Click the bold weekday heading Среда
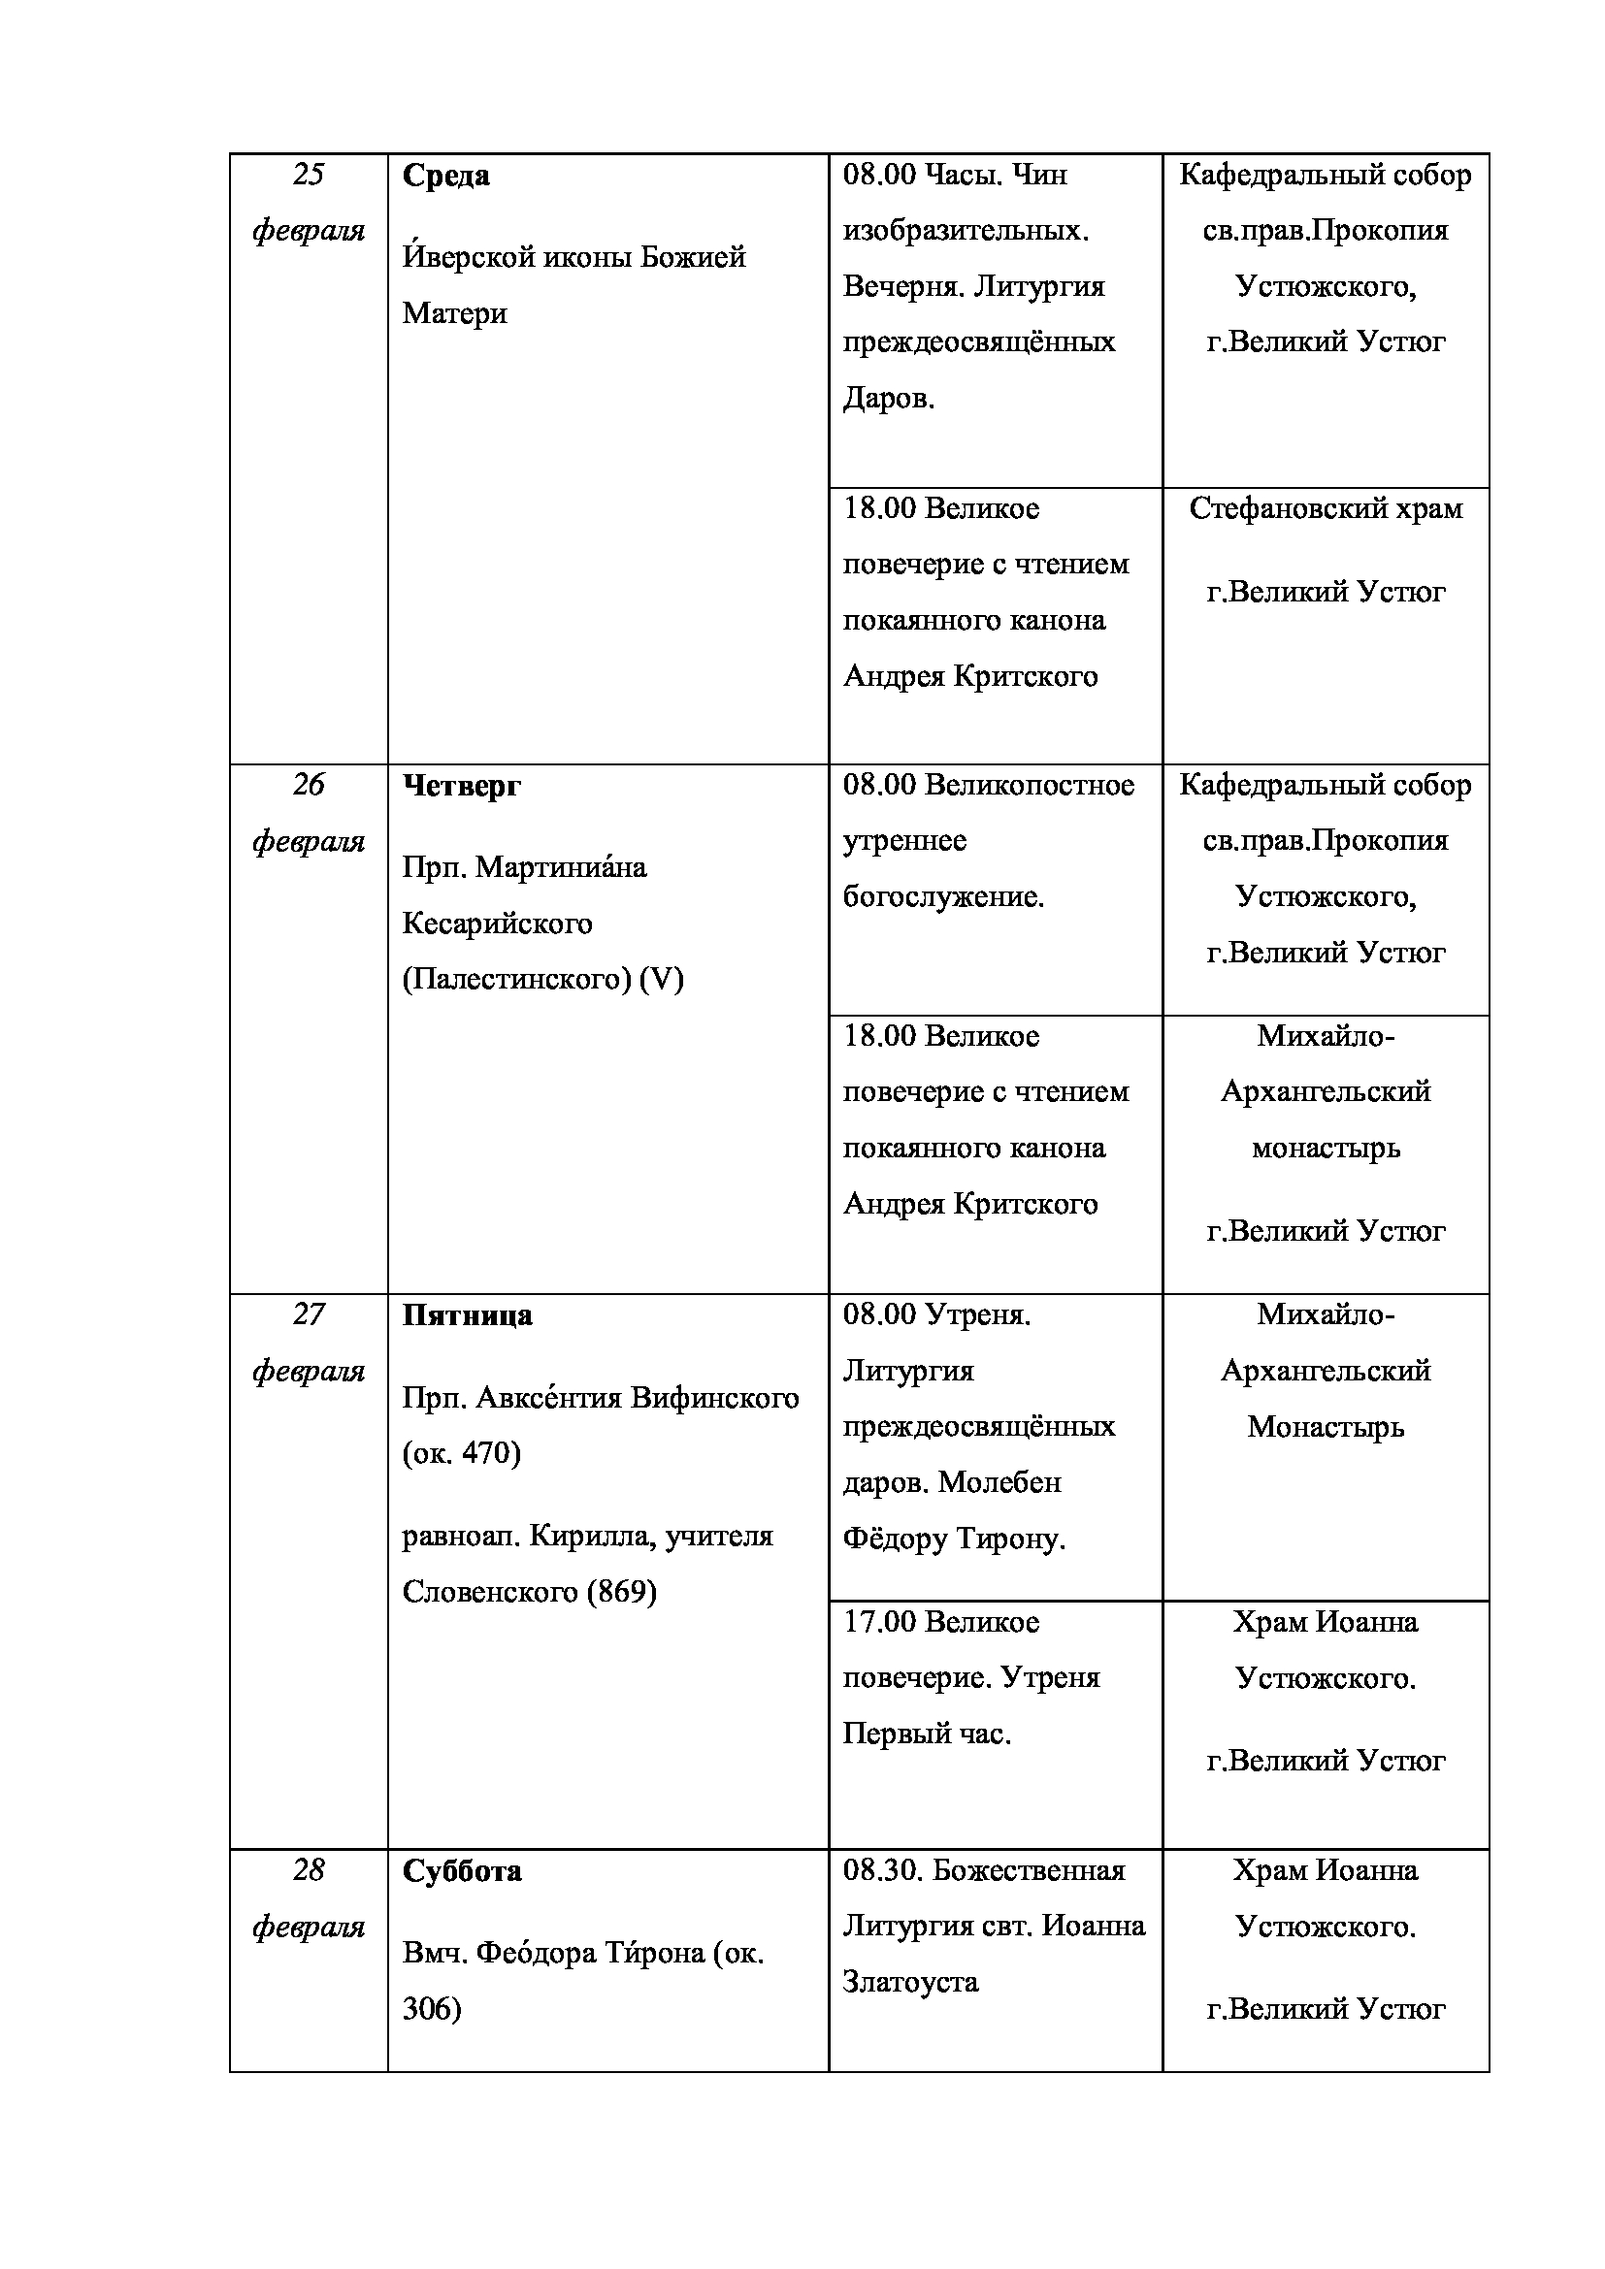(445, 177)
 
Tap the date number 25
(309, 175)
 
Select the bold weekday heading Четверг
(462, 787)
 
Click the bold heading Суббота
(462, 1870)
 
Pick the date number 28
(309, 1869)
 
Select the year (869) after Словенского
(622, 1592)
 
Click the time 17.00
(879, 1622)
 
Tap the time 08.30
(881, 1870)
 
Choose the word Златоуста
(910, 1983)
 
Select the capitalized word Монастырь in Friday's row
(1326, 1427)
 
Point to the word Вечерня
(903, 287)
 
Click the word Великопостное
(1030, 786)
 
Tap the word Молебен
(999, 1482)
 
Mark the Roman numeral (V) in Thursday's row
(661, 981)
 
